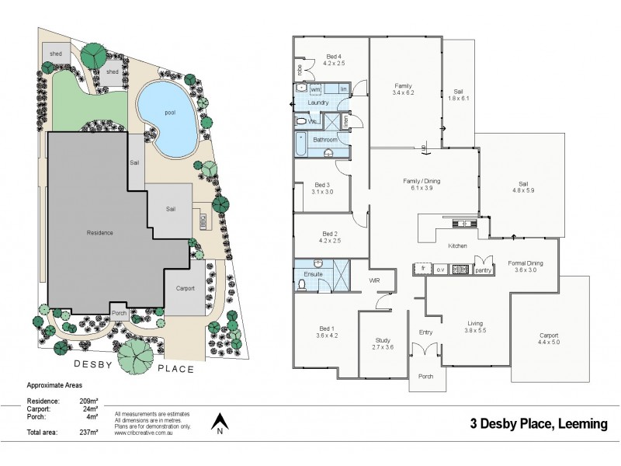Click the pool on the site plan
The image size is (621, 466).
point(165,116)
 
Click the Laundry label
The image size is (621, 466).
point(318,103)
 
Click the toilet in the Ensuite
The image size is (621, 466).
point(302,285)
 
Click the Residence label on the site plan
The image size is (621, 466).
point(100,232)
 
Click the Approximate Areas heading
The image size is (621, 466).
point(54,384)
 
